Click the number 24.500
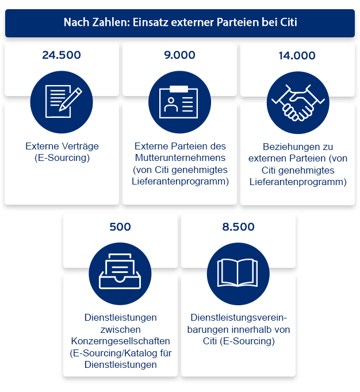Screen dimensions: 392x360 click(62, 56)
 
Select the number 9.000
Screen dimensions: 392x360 click(179, 56)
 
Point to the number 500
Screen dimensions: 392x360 click(120, 227)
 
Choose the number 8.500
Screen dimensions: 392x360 click(238, 227)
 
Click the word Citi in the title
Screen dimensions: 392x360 click(286, 23)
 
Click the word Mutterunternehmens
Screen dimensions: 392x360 click(179, 157)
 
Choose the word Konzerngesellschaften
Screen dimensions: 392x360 click(121, 341)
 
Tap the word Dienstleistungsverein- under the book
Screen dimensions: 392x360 click(238, 318)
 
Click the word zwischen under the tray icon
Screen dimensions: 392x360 click(121, 329)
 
